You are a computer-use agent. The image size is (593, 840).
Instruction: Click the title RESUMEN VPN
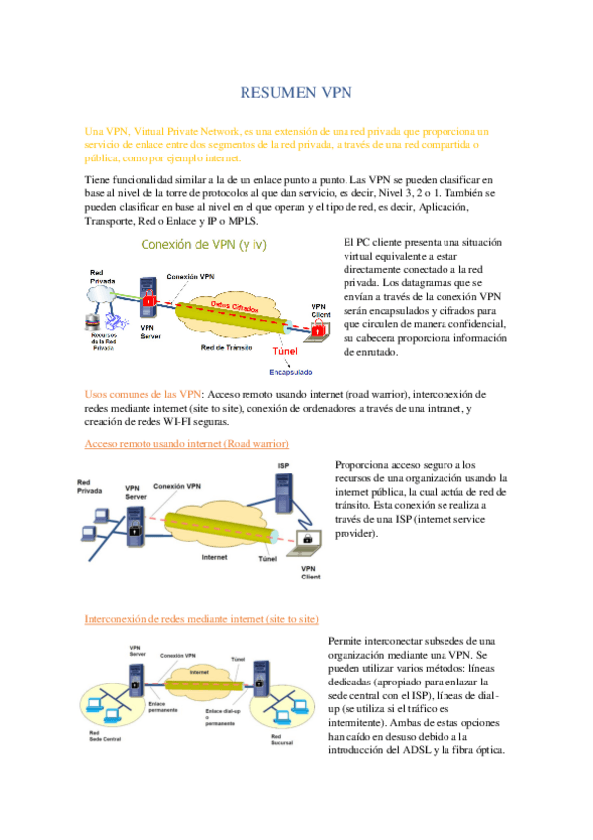tap(297, 93)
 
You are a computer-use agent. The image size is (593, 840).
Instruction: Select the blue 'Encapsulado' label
tap(292, 372)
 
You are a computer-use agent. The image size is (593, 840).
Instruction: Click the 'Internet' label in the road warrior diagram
tap(215, 557)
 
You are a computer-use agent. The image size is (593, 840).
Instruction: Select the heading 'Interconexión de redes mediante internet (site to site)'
tap(202, 619)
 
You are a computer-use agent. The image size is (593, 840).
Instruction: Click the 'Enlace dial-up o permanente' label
tap(222, 716)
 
